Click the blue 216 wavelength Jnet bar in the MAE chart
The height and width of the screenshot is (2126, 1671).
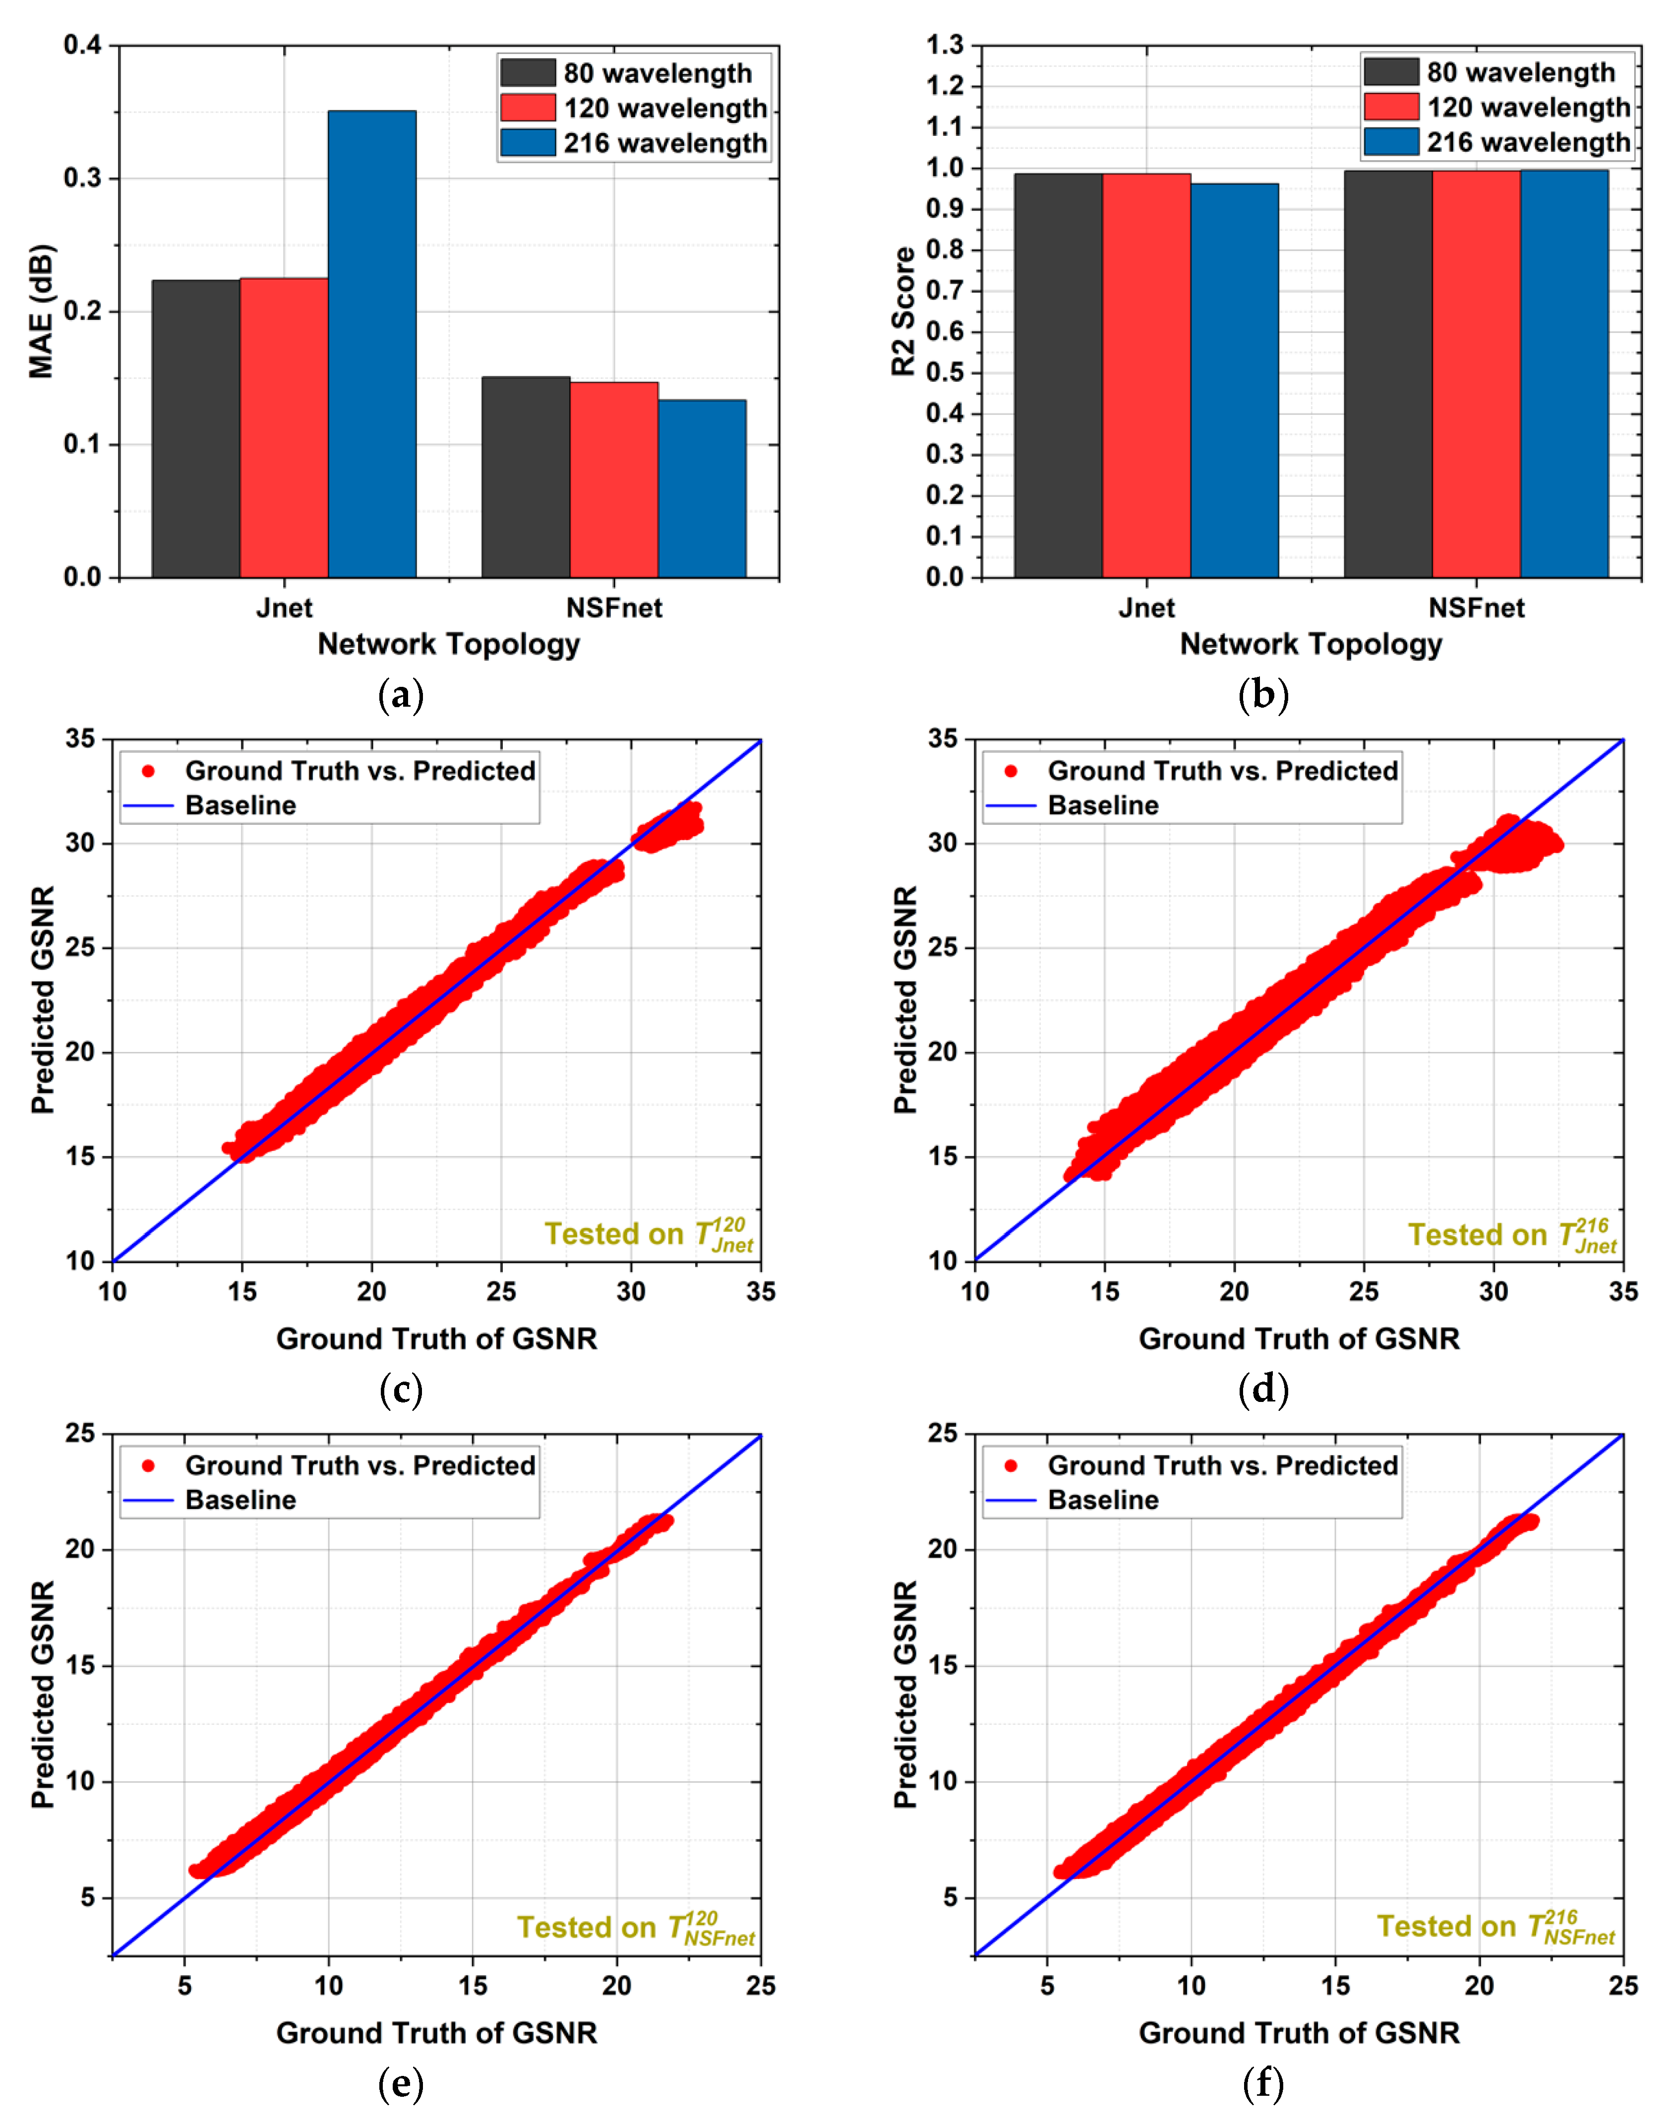372,342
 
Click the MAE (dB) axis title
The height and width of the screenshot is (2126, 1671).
41,311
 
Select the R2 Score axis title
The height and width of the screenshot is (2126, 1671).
903,311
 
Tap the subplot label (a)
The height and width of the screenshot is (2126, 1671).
400,696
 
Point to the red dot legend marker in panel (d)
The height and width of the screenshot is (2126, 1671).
1011,771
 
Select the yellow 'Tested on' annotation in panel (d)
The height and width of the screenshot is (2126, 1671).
1511,1235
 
